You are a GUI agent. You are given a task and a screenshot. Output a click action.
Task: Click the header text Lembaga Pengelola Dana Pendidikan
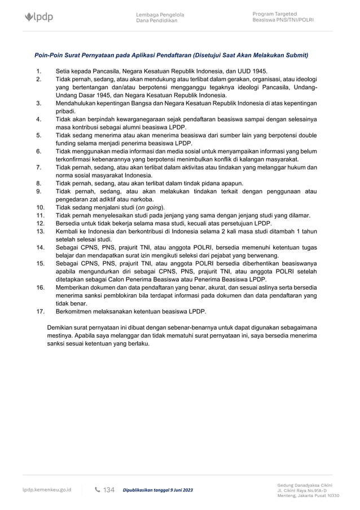(160, 18)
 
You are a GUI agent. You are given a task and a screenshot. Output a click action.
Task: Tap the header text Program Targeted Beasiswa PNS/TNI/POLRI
(283, 17)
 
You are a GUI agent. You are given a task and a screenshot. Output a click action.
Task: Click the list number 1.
(38, 72)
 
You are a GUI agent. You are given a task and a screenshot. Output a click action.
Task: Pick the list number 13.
(40, 232)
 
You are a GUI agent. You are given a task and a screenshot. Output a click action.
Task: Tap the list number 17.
(40, 311)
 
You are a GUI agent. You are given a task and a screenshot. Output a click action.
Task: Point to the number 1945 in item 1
(256, 72)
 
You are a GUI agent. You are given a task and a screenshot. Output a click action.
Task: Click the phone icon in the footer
(98, 490)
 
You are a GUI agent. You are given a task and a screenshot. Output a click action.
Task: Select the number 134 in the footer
(109, 490)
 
